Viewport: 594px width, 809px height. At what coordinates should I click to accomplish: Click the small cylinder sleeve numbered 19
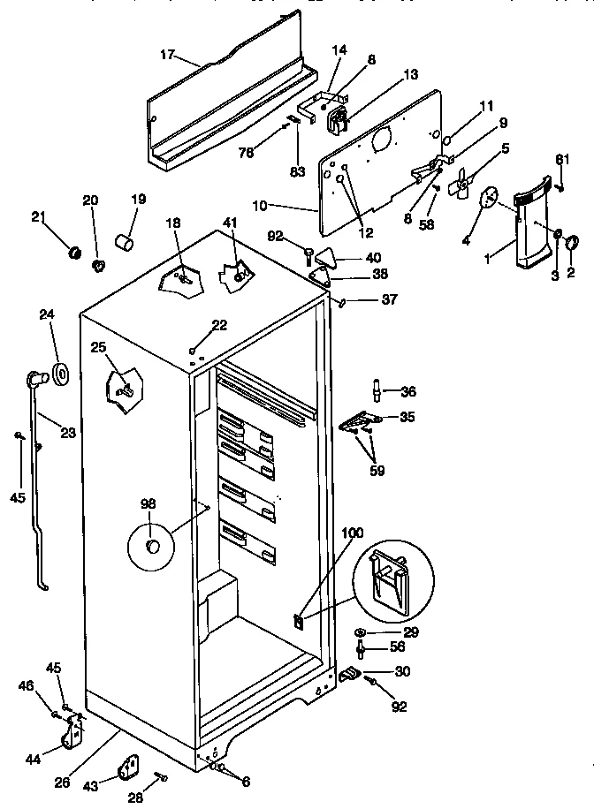coord(126,241)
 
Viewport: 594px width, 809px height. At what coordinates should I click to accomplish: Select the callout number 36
coord(407,391)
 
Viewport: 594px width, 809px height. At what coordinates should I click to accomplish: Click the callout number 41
coord(231,223)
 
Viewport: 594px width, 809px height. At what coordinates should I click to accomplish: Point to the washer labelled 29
coord(362,633)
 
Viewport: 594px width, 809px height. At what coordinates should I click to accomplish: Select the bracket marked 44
coord(74,730)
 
